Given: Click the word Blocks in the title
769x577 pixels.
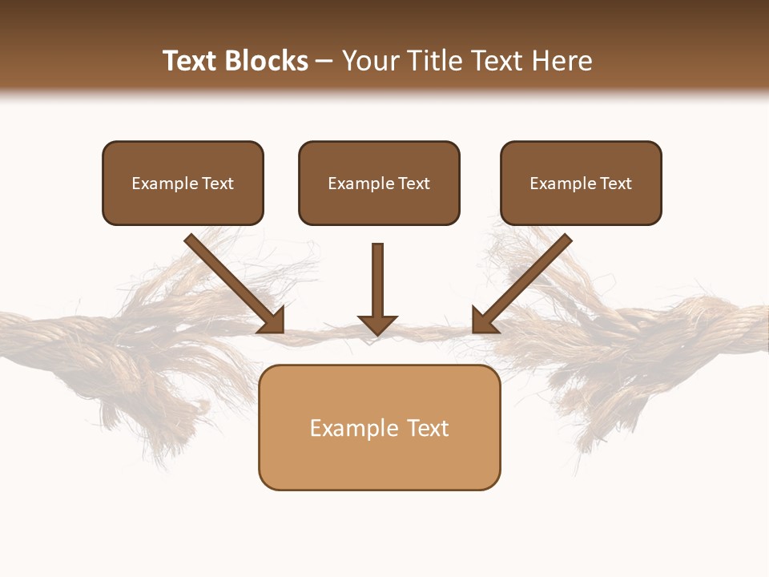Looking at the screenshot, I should (266, 61).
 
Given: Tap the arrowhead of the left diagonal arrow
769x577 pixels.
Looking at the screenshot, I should (272, 321).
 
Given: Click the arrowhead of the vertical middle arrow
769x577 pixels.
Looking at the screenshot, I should (377, 325).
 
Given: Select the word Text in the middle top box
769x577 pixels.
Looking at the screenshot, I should (414, 184).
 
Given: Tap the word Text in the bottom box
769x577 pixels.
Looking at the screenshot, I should (429, 428).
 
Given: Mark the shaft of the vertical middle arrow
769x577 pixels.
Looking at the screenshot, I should (377, 276).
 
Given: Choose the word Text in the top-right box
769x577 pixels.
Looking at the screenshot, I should (616, 184).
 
